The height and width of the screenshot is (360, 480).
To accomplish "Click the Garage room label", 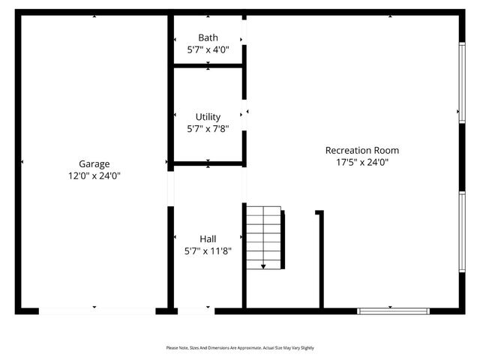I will click(x=94, y=163).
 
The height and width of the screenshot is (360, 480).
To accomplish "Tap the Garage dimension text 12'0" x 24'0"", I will click(x=94, y=175).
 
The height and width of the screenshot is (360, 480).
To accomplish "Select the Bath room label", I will click(x=208, y=38).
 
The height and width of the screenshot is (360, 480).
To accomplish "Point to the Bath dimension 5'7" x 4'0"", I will click(x=208, y=50).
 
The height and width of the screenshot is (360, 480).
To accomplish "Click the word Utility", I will click(x=208, y=117).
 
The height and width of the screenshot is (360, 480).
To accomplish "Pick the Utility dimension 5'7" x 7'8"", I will click(x=208, y=129).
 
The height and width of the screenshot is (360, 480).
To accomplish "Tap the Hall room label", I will click(x=208, y=239).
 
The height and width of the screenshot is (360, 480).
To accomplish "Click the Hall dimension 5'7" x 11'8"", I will click(x=208, y=251).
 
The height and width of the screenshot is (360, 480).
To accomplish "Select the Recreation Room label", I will click(x=357, y=150).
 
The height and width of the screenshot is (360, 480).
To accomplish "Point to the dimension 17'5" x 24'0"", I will click(x=357, y=162).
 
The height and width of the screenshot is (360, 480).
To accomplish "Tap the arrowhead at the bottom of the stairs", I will click(x=264, y=265).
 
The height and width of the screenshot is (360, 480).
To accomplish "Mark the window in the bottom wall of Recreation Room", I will click(x=393, y=310).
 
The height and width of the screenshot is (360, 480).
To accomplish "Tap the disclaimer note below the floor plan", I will click(x=240, y=348).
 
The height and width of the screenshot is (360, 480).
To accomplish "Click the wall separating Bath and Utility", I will click(x=208, y=66).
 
